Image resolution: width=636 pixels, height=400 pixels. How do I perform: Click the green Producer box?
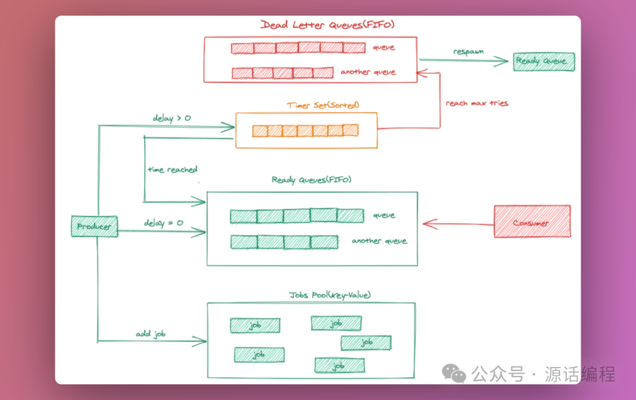pyautogui.click(x=94, y=227)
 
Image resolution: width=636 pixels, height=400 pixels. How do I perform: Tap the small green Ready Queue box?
pyautogui.click(x=544, y=61)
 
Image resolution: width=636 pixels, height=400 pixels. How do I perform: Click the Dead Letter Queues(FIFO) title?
pyautogui.click(x=327, y=25)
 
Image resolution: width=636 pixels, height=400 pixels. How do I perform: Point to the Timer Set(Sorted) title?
pyautogui.click(x=323, y=105)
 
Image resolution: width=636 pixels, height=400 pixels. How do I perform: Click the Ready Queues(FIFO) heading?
pyautogui.click(x=311, y=180)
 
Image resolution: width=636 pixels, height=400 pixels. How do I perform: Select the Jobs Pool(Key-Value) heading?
pyautogui.click(x=329, y=295)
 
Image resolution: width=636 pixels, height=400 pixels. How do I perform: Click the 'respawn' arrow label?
pyautogui.click(x=468, y=51)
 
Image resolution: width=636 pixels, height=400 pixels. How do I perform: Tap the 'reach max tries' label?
pyautogui.click(x=476, y=103)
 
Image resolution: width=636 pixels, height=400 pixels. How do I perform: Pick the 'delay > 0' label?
pyautogui.click(x=171, y=118)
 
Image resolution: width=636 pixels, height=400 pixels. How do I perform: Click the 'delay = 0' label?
pyautogui.click(x=163, y=223)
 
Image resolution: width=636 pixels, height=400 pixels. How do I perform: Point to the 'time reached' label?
pyautogui.click(x=172, y=170)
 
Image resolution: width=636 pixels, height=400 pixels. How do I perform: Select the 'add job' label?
pyautogui.click(x=150, y=334)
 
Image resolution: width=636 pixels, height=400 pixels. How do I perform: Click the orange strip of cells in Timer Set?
pyautogui.click(x=305, y=130)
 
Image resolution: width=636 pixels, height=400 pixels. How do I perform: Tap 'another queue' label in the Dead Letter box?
pyautogui.click(x=368, y=72)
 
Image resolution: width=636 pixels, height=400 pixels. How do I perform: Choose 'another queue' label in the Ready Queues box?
pyautogui.click(x=379, y=241)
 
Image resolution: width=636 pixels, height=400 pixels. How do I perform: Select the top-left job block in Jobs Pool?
pyautogui.click(x=254, y=325)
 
